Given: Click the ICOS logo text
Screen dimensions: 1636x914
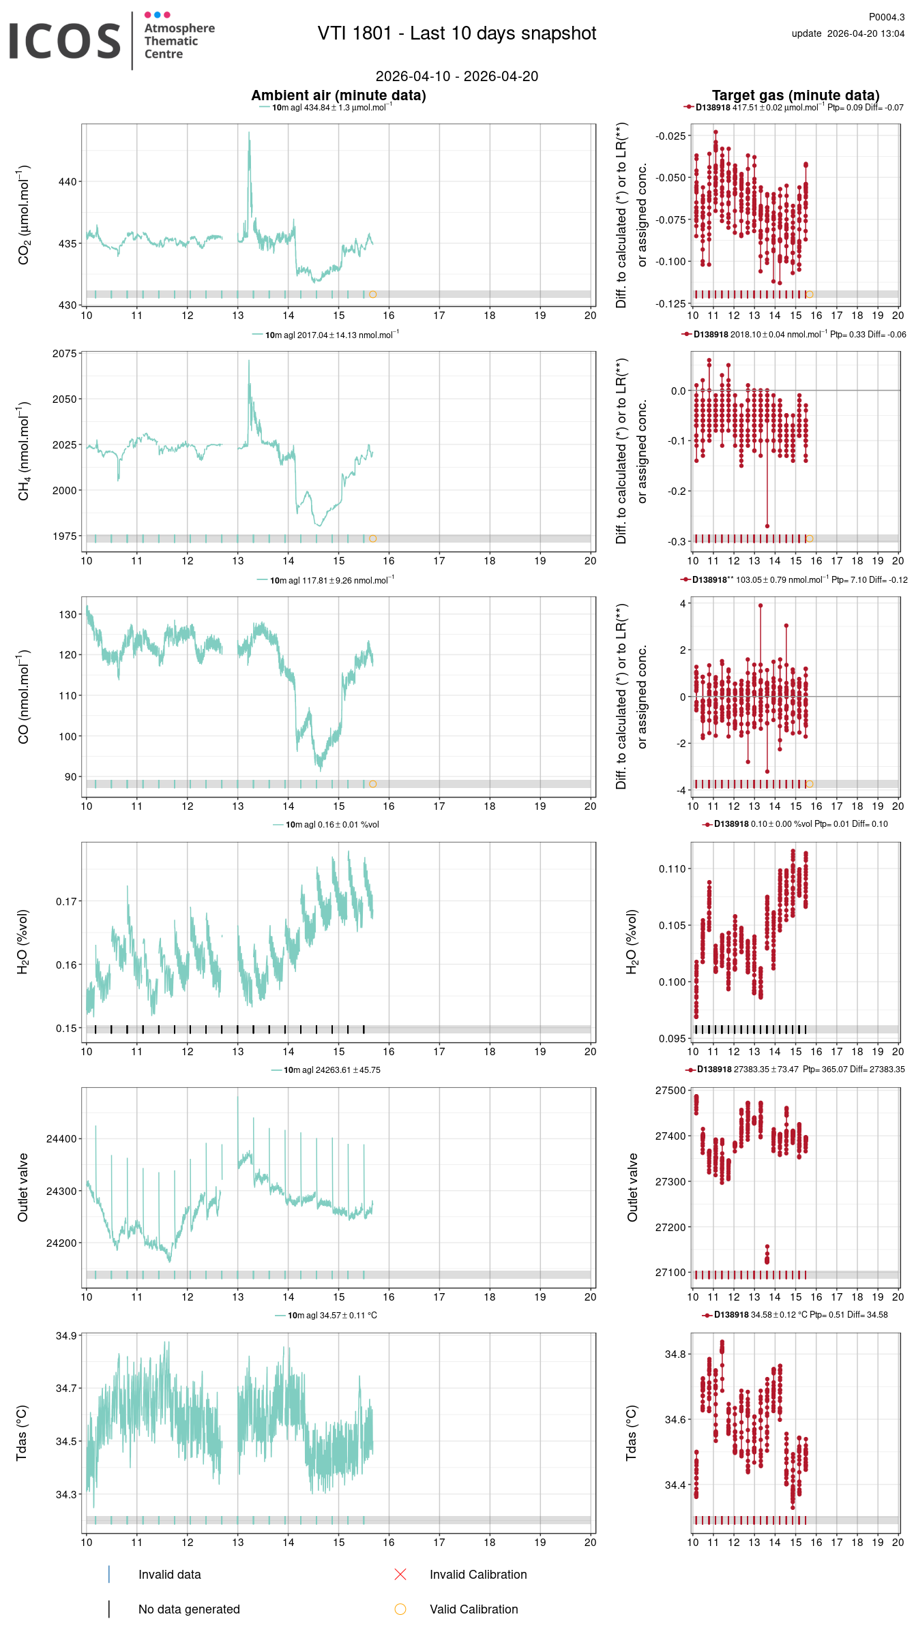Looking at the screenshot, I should pos(65,41).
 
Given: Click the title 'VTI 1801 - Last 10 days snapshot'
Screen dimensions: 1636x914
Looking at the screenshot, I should pos(456,33).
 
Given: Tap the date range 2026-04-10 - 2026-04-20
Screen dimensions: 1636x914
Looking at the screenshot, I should pos(456,76).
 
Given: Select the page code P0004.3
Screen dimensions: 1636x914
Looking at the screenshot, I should pos(886,17).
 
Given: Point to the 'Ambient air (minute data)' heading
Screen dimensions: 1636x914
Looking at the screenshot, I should pos(338,95).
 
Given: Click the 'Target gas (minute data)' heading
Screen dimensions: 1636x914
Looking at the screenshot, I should pos(795,95).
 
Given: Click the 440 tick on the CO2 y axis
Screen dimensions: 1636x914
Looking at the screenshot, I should pos(68,182).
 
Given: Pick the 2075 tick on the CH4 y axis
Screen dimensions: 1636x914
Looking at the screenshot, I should pos(65,354).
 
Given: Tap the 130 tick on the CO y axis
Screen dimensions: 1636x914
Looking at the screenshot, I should pos(68,614).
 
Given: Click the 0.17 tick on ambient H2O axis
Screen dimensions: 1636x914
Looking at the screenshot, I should pos(66,901).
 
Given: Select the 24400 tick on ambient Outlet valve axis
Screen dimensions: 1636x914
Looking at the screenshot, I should pos(61,1138).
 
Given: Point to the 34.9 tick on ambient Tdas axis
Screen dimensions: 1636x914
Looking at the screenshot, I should pos(66,1335).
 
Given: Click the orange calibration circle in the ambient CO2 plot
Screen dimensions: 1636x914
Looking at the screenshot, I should pos(372,294).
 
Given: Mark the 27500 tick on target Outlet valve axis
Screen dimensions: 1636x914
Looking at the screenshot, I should pos(670,1091).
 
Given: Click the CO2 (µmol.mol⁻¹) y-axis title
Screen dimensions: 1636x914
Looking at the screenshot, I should pos(24,214).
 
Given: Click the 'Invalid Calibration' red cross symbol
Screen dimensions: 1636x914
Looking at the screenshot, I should pos(400,1574).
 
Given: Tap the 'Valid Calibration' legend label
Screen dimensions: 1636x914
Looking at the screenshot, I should pos(473,1609).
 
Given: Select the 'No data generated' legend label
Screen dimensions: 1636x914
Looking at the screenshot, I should pos(189,1609).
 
